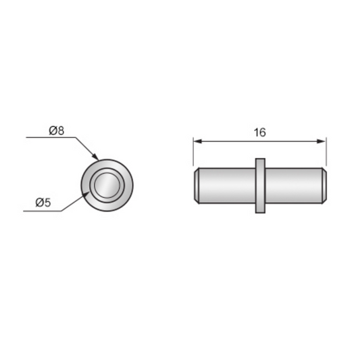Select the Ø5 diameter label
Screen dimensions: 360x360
(42, 202)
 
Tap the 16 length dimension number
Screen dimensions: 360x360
(259, 132)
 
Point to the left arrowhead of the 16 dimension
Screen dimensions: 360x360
(197, 141)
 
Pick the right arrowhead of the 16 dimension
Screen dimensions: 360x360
(322, 141)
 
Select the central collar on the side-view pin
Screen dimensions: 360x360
(260, 186)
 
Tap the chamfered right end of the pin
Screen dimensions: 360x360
(325, 186)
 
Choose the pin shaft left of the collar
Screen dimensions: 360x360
(226, 186)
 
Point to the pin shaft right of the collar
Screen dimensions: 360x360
(292, 186)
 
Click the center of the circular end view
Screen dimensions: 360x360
(107, 184)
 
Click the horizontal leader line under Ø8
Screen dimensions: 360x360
(51, 138)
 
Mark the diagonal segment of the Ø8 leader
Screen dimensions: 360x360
(86, 149)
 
